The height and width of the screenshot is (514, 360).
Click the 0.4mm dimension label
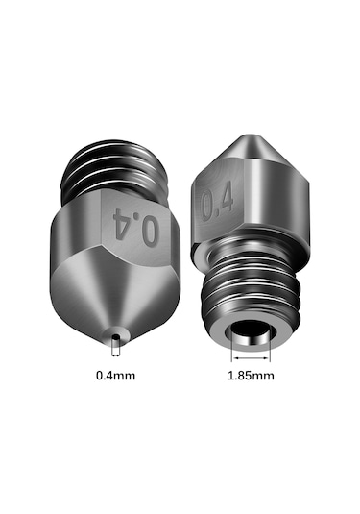[116, 374]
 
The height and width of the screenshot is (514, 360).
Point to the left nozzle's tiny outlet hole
[115, 337]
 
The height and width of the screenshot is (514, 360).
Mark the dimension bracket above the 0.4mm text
[115, 352]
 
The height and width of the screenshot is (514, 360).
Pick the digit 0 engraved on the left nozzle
[149, 230]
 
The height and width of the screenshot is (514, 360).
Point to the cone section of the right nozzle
[240, 159]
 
